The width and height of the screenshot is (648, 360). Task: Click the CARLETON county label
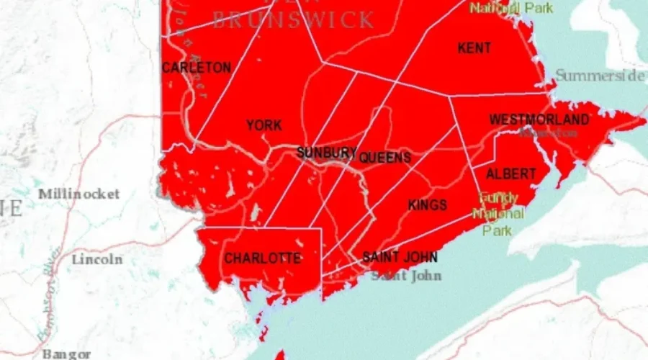point(196,68)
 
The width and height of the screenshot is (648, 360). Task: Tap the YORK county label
point(264,126)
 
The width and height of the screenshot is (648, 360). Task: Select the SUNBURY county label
point(326,153)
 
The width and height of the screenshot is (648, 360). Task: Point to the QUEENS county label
point(385,158)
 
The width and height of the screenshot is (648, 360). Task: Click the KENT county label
point(474,48)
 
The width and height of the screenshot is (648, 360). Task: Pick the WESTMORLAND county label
point(539,120)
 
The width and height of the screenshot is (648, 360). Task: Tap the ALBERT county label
point(511,174)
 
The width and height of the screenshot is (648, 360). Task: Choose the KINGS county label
point(427,205)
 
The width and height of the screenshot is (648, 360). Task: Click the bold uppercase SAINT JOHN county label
point(400,257)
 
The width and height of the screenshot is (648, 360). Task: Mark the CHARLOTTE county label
point(262,258)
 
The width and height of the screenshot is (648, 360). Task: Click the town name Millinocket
point(79,194)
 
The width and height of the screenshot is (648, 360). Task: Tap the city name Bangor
point(66,354)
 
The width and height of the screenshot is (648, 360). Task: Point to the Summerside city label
point(600,76)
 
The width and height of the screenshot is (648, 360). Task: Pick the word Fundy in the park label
point(498,197)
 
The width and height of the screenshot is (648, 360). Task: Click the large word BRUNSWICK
point(293,19)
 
